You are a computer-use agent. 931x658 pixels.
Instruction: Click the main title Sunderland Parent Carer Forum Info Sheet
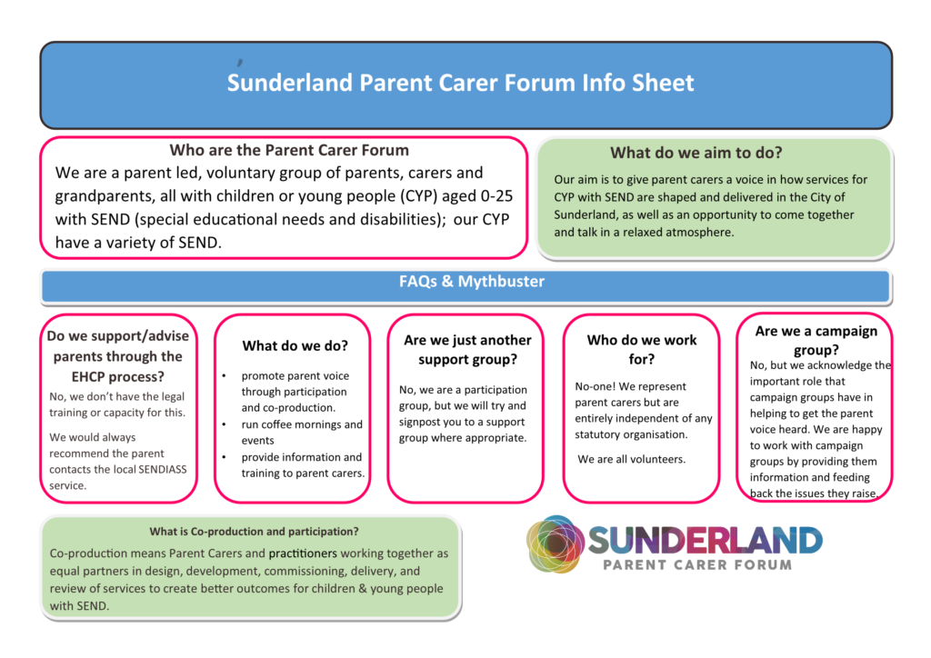pyautogui.click(x=460, y=84)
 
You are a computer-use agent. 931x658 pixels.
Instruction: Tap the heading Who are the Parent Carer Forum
pyautogui.click(x=289, y=150)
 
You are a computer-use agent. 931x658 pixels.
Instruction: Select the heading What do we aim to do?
pyautogui.click(x=696, y=153)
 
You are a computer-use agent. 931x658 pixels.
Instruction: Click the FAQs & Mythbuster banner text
pyautogui.click(x=471, y=282)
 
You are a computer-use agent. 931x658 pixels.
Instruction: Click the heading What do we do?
pyautogui.click(x=295, y=345)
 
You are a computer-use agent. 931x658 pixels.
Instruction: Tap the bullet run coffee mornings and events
pyautogui.click(x=301, y=432)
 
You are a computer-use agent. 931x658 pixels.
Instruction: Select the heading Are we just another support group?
pyautogui.click(x=466, y=349)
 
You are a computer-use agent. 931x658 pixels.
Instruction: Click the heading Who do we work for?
pyautogui.click(x=642, y=349)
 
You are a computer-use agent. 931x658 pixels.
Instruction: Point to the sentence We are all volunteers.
pyautogui.click(x=631, y=459)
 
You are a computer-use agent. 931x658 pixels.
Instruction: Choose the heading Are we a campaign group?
pyautogui.click(x=816, y=340)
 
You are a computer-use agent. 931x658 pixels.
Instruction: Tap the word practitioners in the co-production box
pyautogui.click(x=303, y=553)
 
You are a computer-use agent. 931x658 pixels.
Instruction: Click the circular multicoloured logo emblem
pyautogui.click(x=556, y=544)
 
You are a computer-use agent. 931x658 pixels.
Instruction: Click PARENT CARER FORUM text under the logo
pyautogui.click(x=697, y=564)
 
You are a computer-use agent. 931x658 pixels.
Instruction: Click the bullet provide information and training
pyautogui.click(x=302, y=464)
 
